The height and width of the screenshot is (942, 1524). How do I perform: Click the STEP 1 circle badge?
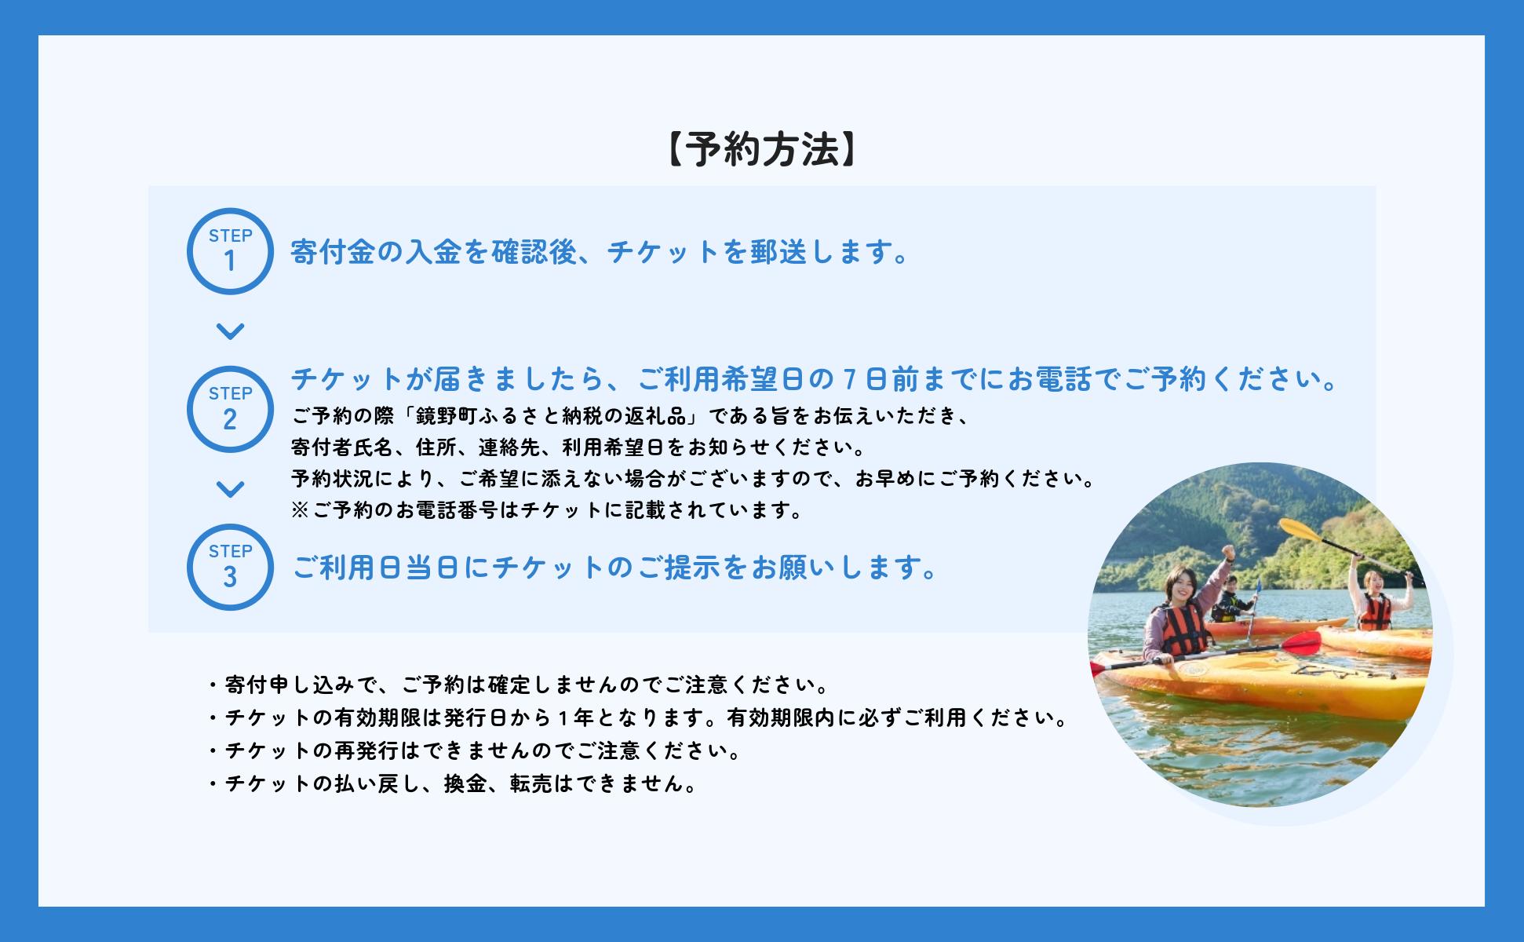click(230, 251)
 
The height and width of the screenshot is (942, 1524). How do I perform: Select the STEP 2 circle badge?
click(230, 409)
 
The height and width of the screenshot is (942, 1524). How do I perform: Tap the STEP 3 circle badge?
click(230, 567)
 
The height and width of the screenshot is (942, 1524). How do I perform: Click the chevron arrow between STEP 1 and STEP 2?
click(230, 331)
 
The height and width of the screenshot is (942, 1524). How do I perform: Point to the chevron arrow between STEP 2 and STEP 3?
click(230, 489)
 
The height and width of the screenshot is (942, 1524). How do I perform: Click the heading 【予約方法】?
click(761, 149)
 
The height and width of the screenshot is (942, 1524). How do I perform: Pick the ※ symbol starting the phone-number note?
click(301, 511)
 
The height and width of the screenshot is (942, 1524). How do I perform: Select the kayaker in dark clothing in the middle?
click(1229, 603)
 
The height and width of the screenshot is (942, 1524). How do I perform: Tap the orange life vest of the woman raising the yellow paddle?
click(1373, 612)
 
